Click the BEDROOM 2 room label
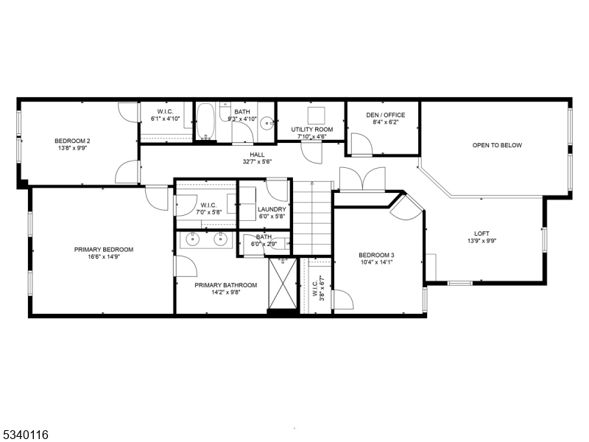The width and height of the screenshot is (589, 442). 72,141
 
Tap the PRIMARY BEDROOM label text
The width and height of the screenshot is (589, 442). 103,249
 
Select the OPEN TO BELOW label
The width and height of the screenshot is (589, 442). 497,145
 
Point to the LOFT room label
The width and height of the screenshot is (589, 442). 482,233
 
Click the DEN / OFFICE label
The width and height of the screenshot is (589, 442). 385,115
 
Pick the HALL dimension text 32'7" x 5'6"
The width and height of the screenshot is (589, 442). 257,162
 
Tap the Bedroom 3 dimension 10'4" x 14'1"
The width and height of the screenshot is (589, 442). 377,262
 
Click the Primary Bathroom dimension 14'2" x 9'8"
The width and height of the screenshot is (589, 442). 225,293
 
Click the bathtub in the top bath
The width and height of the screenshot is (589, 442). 205,122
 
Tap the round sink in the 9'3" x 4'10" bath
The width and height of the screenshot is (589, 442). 268,123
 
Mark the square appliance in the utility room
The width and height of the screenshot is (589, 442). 317,115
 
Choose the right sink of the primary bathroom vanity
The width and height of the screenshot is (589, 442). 220,239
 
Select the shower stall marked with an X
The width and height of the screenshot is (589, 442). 282,283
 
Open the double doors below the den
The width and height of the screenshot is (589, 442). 361,179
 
